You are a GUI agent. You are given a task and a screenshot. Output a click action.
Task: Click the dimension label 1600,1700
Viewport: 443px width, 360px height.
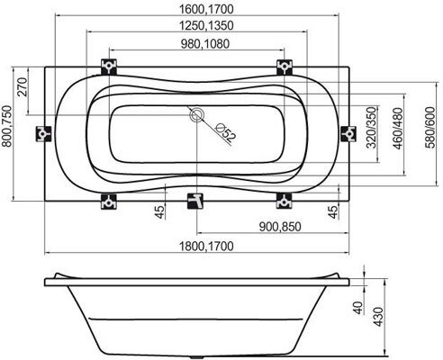pyautogui.click(x=206, y=9)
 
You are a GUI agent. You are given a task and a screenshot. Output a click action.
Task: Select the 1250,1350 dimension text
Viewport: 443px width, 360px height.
pyautogui.click(x=206, y=25)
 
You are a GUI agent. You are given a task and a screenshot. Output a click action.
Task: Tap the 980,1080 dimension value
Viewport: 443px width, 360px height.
pyautogui.click(x=205, y=44)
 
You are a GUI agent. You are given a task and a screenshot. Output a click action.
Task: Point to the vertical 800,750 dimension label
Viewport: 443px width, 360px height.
pyautogui.click(x=7, y=126)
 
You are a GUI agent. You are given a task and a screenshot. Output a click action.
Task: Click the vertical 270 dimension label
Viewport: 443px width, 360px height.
pyautogui.click(x=23, y=86)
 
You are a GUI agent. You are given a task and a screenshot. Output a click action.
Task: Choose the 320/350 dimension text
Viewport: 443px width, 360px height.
pyautogui.click(x=371, y=127)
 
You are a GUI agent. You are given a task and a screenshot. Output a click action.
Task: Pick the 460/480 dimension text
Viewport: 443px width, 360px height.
pyautogui.click(x=398, y=129)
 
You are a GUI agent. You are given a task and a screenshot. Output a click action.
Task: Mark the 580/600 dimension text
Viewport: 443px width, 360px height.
pyautogui.click(x=429, y=127)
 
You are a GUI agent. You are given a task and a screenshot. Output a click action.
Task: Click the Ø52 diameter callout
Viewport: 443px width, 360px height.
pyautogui.click(x=226, y=132)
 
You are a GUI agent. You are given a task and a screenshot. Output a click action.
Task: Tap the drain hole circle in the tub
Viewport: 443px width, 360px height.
pyautogui.click(x=197, y=115)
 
